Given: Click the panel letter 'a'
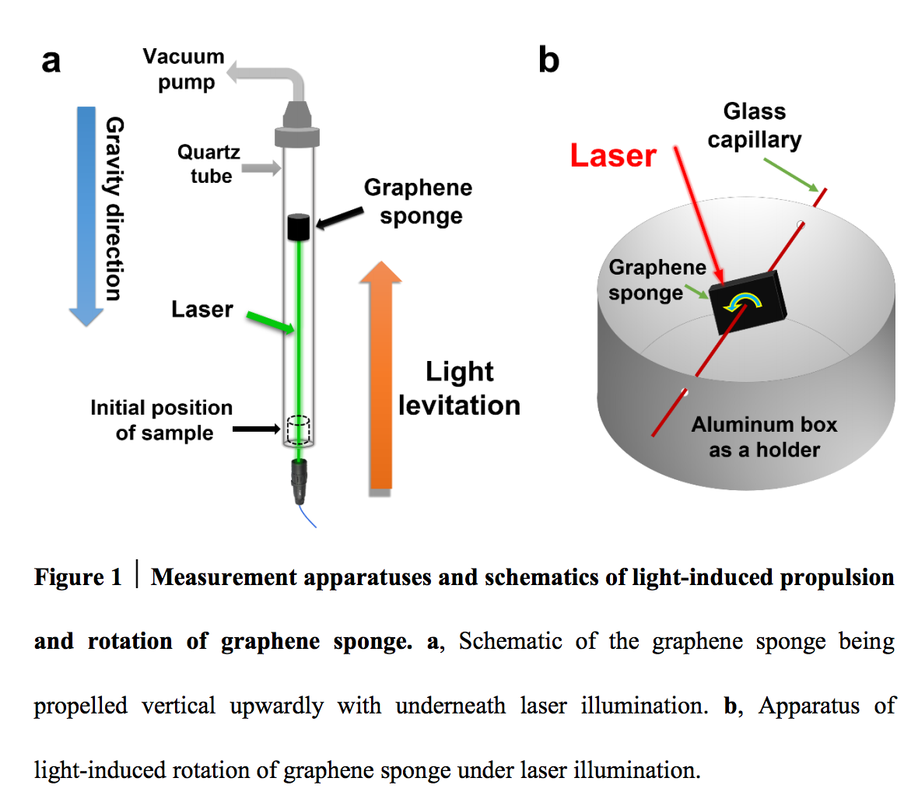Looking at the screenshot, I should point(51,61).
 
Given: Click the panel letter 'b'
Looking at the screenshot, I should point(548,61).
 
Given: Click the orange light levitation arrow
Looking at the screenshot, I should point(380,373).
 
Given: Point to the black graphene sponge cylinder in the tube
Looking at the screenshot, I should point(300,226).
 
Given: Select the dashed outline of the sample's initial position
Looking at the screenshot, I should point(300,430).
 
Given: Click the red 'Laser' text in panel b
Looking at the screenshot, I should point(613,156).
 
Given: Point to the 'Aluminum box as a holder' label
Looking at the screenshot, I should point(764,436).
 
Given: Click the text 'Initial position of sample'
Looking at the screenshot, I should point(162,420).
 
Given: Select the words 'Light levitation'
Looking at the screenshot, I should point(459,388).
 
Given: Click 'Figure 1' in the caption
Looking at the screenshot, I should point(77,577).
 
